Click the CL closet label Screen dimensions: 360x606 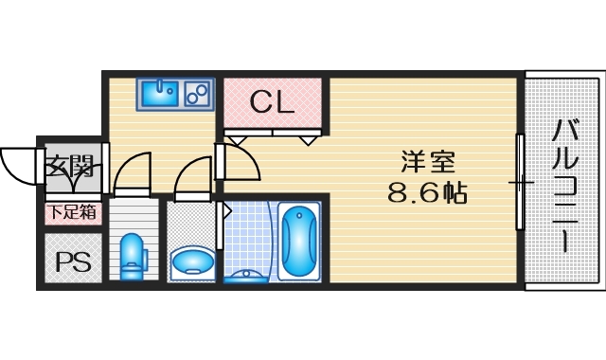pos(272,102)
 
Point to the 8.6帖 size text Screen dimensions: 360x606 pos(427,193)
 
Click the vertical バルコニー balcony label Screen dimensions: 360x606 pos(564,186)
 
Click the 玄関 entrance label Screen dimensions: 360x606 pos(69,170)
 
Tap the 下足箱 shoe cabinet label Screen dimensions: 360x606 pos(73,213)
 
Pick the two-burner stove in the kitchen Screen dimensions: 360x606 pos(198,94)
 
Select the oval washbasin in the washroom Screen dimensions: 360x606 pos(193,261)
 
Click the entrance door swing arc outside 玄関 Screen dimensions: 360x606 pos(17,169)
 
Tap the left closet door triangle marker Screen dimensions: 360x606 pos(236,138)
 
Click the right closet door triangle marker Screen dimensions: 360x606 pos(310,138)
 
